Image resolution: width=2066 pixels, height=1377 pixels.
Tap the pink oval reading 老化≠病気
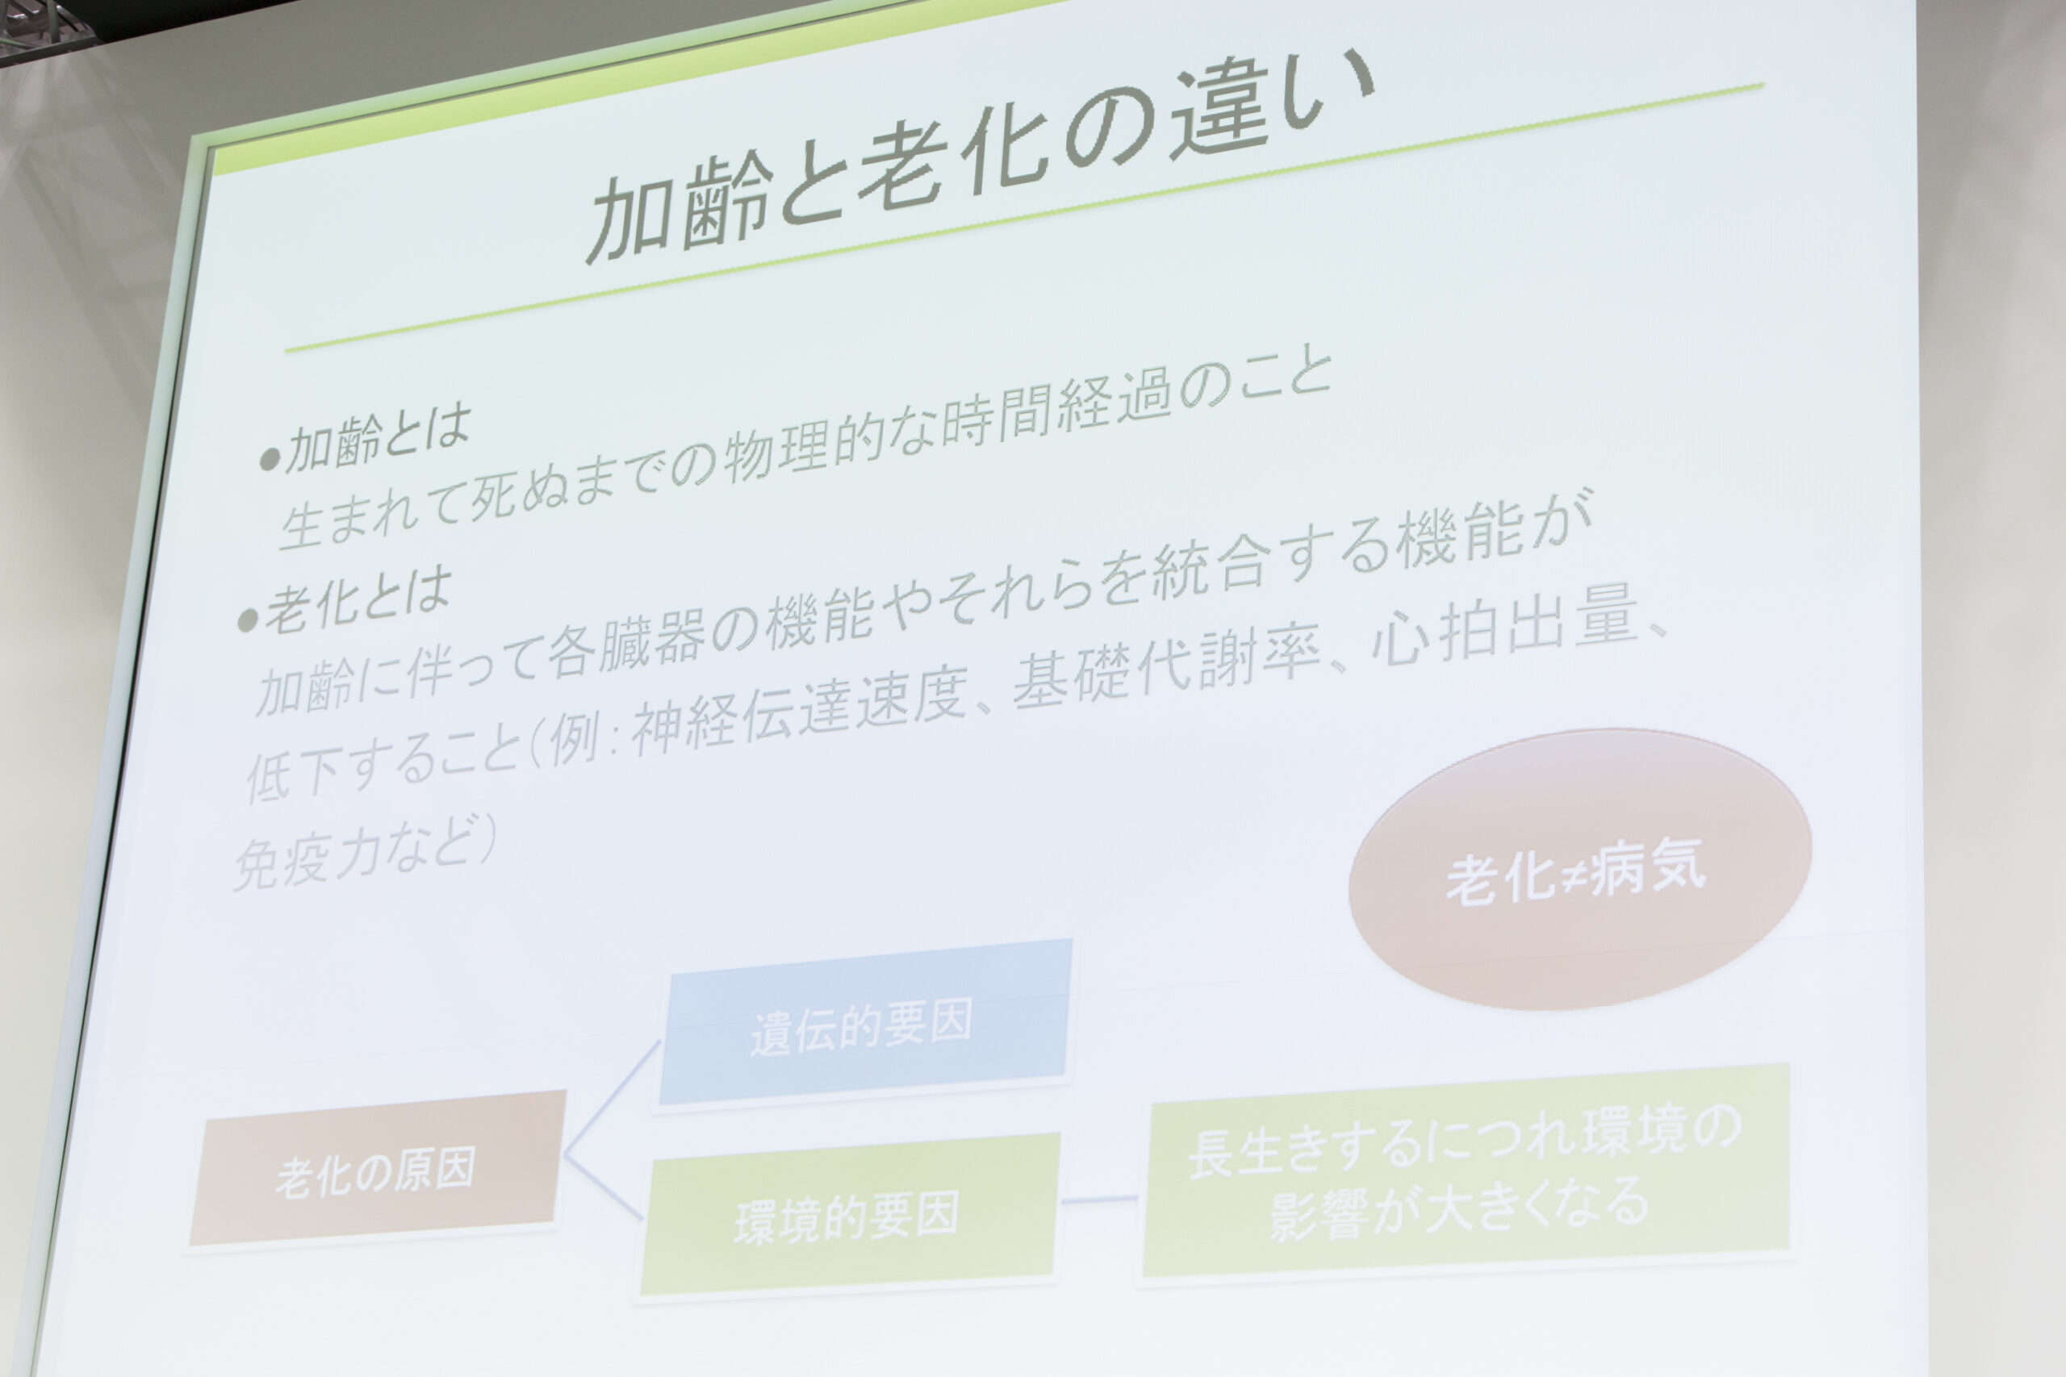[1579, 868]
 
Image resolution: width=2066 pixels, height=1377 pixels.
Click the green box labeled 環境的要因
[847, 1214]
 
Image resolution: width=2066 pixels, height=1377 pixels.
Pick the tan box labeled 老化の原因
[376, 1169]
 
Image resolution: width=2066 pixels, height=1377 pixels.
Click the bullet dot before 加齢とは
[270, 458]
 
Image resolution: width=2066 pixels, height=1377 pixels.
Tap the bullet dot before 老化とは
[249, 620]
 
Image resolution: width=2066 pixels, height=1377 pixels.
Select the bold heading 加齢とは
[378, 439]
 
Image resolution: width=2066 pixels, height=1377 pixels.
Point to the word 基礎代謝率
[1168, 667]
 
